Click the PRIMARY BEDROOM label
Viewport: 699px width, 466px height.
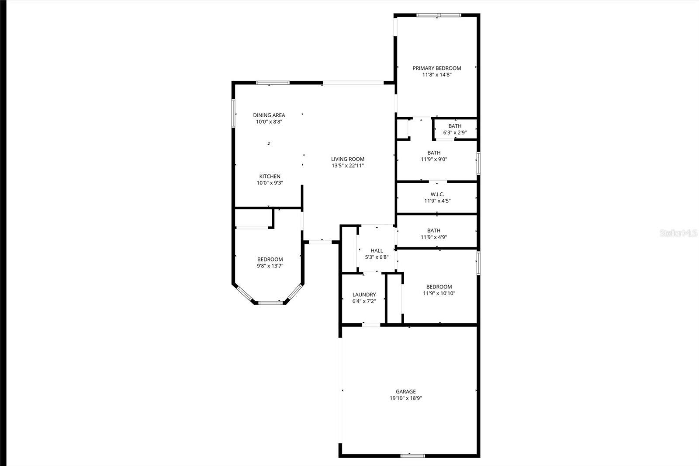coord(436,68)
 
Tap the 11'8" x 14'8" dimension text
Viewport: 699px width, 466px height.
coord(436,75)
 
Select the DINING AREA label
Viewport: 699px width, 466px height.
coord(269,115)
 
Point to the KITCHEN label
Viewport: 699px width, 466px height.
coord(270,177)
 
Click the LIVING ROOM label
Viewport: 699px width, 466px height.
coord(348,159)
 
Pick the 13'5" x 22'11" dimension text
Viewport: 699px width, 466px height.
coord(348,166)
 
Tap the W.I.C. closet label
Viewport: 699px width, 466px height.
coord(437,194)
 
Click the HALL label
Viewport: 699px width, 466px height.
coord(377,250)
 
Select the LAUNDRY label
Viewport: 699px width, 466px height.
coord(364,295)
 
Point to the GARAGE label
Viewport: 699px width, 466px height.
coord(406,391)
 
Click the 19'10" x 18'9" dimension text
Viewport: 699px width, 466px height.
coord(406,398)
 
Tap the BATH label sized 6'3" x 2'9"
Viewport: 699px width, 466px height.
coord(455,126)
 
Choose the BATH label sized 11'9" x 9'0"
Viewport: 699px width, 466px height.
coord(434,153)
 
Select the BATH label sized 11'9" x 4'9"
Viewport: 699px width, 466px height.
coord(433,230)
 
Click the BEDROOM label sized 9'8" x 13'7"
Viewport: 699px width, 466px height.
coord(270,259)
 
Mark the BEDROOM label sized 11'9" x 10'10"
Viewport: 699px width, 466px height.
coord(439,287)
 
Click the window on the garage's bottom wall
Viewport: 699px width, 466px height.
coord(412,456)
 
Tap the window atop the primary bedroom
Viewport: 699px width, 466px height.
coord(439,15)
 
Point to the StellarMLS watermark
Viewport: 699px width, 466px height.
coord(678,233)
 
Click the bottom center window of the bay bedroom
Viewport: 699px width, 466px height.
coord(270,303)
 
